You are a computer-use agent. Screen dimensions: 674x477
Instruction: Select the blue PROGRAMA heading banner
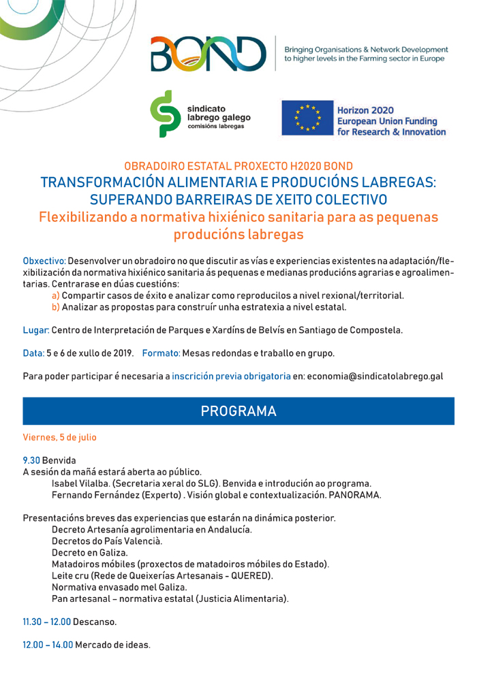(x=238, y=411)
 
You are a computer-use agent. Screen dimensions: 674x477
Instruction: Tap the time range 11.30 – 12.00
(x=46, y=622)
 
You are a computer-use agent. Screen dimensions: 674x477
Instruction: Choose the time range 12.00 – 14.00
(x=47, y=644)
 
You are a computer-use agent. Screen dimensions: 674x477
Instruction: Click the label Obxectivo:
(x=44, y=261)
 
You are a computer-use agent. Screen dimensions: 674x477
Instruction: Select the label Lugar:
(x=35, y=330)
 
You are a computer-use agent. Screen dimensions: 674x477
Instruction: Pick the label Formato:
(x=161, y=353)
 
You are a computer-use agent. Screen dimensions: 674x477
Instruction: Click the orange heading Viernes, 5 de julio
(x=60, y=437)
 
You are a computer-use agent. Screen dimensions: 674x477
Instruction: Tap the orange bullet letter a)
(x=56, y=295)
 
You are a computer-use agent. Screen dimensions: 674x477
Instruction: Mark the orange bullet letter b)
(x=56, y=307)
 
